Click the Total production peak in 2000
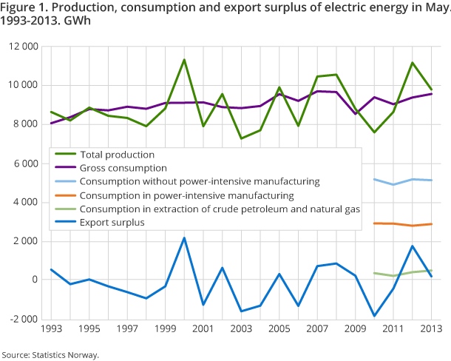184,60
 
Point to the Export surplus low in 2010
374,316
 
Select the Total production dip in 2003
241,138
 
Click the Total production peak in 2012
413,63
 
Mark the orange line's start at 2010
375,223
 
